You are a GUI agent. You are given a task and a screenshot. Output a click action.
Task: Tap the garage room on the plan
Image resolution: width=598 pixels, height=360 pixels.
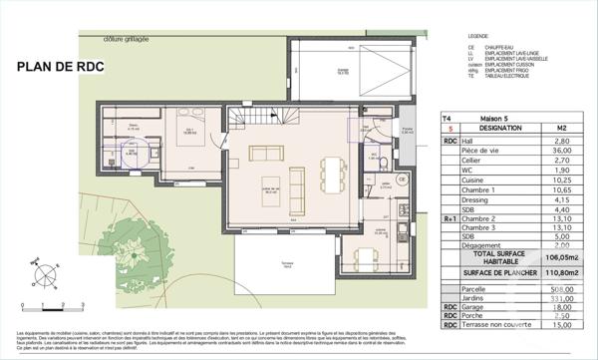pos(341,70)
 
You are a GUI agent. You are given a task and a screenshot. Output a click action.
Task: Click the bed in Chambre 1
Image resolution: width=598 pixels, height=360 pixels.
pos(190,148)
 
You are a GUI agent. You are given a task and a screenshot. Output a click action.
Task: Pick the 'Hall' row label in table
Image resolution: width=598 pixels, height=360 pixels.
pos(467,141)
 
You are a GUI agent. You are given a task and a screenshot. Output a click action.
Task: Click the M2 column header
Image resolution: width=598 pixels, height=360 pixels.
pos(561,129)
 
